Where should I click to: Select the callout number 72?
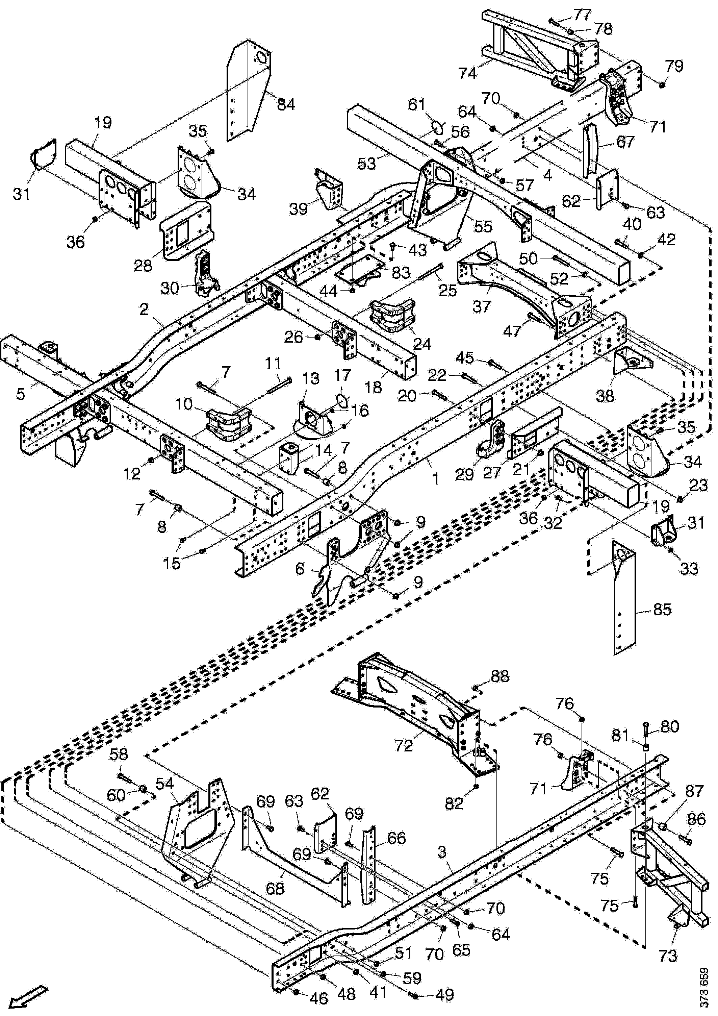[404, 746]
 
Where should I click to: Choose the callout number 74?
[468, 73]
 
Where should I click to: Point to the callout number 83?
[401, 273]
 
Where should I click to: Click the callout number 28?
[143, 266]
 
